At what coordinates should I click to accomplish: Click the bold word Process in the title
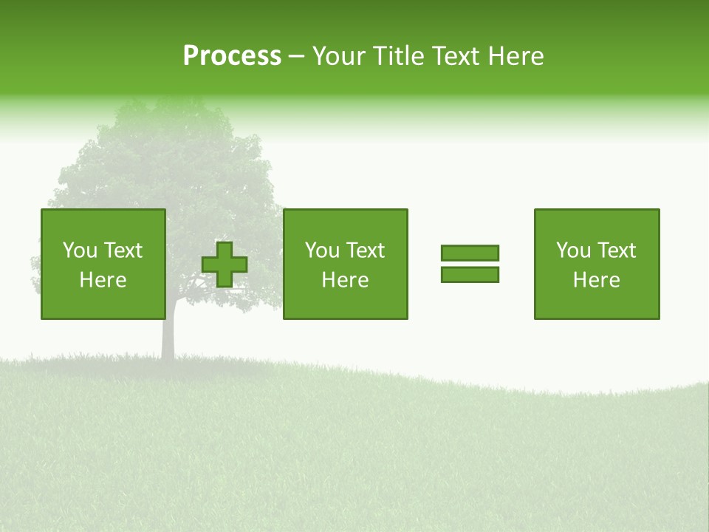pyautogui.click(x=232, y=56)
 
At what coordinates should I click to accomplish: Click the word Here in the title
pyautogui.click(x=516, y=56)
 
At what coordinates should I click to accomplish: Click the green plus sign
pyautogui.click(x=225, y=265)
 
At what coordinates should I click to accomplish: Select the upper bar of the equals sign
pyautogui.click(x=470, y=253)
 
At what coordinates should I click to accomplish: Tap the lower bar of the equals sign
pyautogui.click(x=470, y=275)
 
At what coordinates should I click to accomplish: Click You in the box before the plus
pyautogui.click(x=80, y=250)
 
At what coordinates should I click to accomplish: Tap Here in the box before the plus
pyautogui.click(x=103, y=280)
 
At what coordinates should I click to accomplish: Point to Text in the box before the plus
pyautogui.click(x=123, y=250)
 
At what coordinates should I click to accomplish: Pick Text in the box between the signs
pyautogui.click(x=365, y=250)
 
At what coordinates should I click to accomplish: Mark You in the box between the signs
pyautogui.click(x=322, y=250)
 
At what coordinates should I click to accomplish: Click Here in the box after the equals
pyautogui.click(x=597, y=280)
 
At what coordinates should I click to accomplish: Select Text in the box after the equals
pyautogui.click(x=616, y=250)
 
